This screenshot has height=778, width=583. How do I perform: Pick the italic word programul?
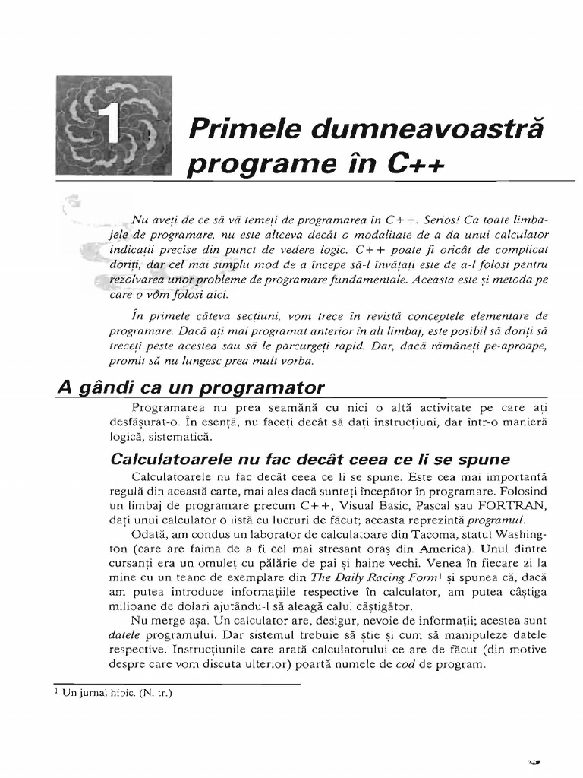click(496, 520)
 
